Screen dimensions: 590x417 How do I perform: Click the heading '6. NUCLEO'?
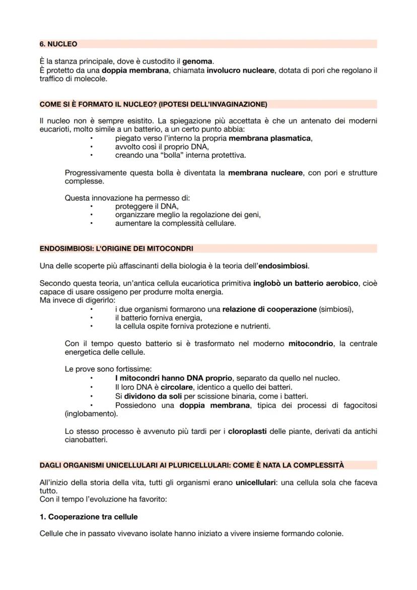58,44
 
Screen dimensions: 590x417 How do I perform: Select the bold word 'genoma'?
197,61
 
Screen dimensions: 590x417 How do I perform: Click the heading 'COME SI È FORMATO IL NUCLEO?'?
153,104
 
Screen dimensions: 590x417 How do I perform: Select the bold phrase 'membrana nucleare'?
265,173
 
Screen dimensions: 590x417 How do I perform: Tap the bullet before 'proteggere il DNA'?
92,207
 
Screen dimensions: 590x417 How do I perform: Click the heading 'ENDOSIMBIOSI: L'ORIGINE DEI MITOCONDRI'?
116,248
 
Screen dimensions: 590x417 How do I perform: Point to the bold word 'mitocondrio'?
310,344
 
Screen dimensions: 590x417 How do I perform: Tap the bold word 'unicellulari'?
256,482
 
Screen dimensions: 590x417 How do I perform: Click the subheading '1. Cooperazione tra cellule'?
89,517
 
